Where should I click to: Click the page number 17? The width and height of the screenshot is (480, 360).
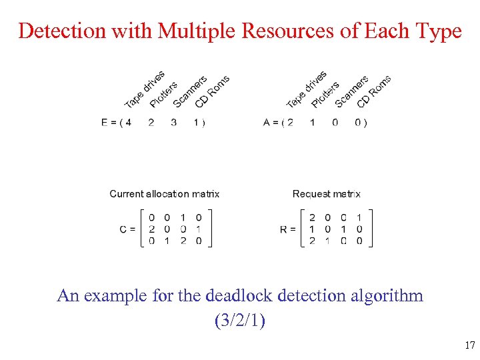click(x=469, y=345)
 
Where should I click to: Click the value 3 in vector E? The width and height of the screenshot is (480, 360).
click(x=174, y=122)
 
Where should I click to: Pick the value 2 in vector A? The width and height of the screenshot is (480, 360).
click(x=289, y=122)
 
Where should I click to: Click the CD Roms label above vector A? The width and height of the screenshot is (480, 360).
click(x=373, y=91)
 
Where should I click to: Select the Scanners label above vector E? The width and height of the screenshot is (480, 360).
click(x=190, y=91)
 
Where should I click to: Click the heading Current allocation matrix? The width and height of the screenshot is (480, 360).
click(x=164, y=194)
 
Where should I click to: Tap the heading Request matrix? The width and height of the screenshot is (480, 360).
click(x=326, y=194)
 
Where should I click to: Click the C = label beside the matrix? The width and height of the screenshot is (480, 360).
click(x=127, y=229)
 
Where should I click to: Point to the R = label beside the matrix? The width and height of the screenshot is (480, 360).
click(x=288, y=229)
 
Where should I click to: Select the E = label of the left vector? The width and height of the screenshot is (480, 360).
click(x=107, y=122)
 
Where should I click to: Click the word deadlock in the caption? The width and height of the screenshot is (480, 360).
click(x=254, y=295)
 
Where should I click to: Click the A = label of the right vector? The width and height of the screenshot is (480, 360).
click(x=269, y=122)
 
